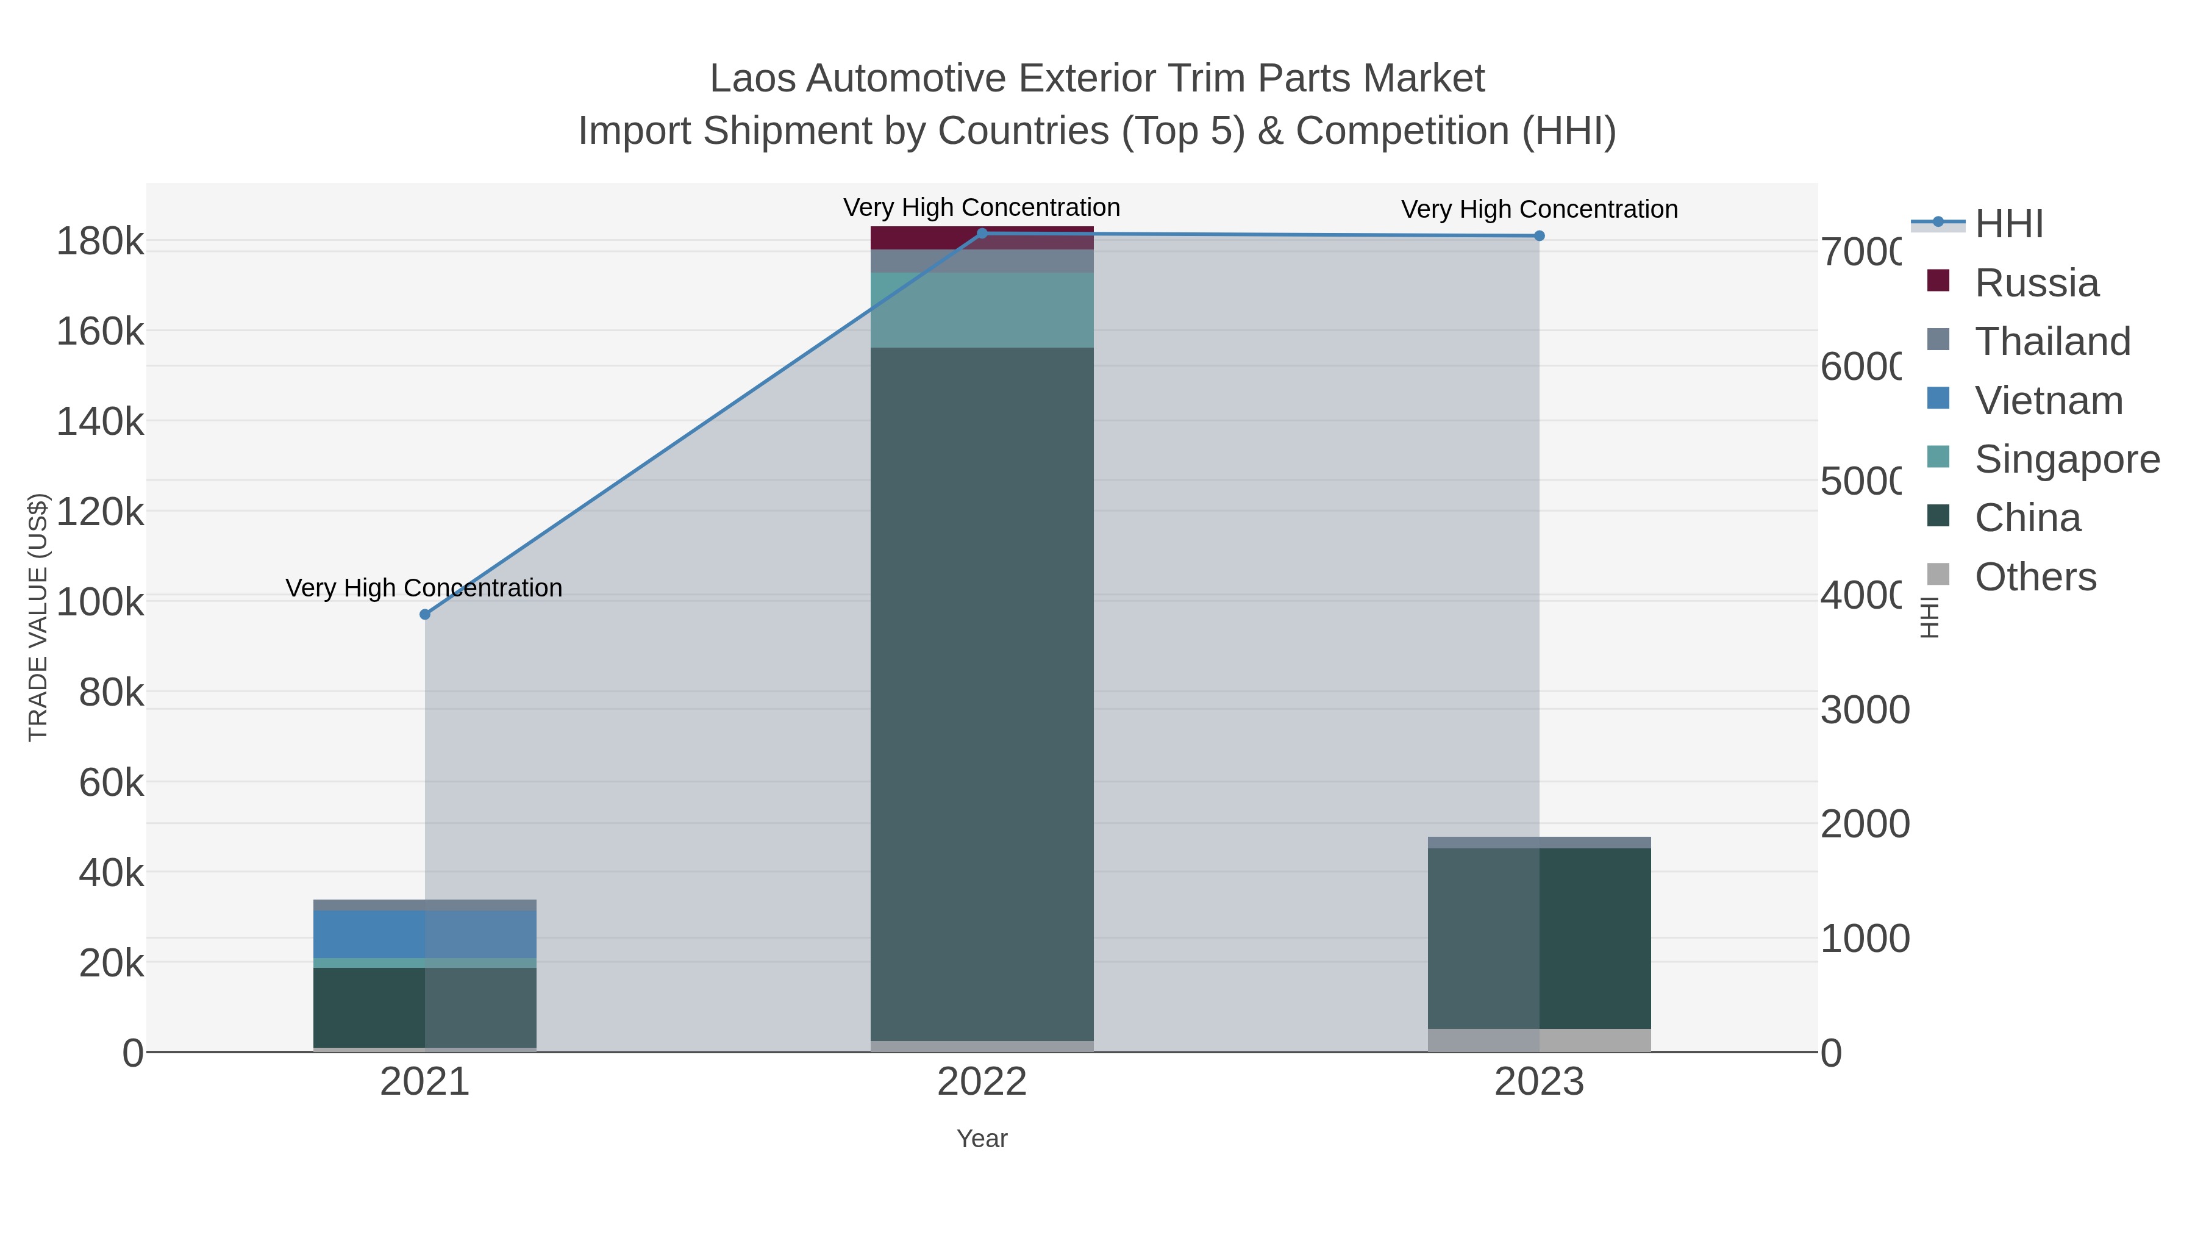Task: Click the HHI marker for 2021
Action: point(425,615)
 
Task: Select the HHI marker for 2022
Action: point(982,234)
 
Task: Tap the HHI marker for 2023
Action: point(1539,236)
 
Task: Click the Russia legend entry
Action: point(2036,283)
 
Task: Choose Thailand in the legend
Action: point(2052,342)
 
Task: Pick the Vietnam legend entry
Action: point(2049,401)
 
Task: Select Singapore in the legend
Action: point(2066,459)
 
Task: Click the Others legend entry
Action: point(2035,577)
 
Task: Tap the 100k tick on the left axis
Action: point(101,603)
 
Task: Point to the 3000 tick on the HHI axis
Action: point(1865,710)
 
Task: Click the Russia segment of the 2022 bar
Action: point(982,238)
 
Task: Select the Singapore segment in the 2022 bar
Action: point(982,310)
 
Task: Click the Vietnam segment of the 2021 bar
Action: point(425,934)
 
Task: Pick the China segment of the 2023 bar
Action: point(1539,937)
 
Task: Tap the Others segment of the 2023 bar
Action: point(1539,1040)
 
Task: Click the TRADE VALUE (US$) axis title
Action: point(38,617)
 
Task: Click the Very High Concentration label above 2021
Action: point(424,588)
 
